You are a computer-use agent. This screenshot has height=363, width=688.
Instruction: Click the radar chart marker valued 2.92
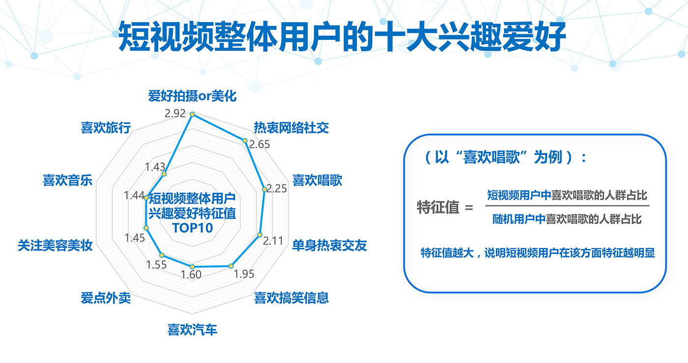click(193, 114)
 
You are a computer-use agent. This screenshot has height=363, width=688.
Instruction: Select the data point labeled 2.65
click(245, 141)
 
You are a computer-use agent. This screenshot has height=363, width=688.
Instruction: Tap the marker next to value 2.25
click(264, 189)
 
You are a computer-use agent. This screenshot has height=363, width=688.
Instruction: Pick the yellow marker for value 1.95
click(231, 266)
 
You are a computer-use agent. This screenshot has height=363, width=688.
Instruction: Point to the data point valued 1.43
click(164, 174)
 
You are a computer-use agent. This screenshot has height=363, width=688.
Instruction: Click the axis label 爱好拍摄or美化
click(192, 96)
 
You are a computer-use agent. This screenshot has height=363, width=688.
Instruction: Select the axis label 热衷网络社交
click(291, 128)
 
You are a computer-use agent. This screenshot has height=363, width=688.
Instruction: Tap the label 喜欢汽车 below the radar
click(192, 330)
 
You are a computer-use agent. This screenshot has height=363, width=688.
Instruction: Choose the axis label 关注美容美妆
click(55, 245)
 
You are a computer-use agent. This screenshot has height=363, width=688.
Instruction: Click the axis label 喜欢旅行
click(106, 128)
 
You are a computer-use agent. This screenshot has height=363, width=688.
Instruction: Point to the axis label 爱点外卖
click(106, 298)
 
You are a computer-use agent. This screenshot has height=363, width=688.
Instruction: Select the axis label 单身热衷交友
click(330, 245)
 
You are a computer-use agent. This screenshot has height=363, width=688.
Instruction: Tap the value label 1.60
click(191, 274)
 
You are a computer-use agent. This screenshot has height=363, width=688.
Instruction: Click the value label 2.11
click(273, 241)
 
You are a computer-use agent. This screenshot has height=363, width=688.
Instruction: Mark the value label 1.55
click(156, 265)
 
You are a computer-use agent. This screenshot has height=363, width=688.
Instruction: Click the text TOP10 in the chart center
click(193, 228)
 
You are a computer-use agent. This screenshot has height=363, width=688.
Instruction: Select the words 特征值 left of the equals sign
click(438, 207)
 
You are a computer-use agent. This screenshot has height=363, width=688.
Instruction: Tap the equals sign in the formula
click(469, 208)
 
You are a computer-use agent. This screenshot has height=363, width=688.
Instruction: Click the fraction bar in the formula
click(567, 206)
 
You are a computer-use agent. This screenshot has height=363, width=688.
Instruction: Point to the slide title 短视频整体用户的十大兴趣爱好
click(342, 36)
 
